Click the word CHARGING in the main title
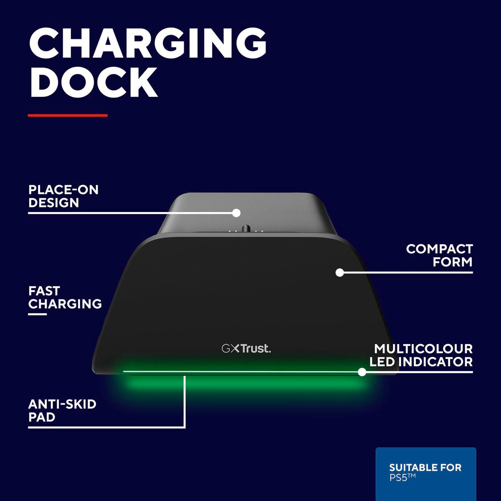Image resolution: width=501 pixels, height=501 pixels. coord(148,44)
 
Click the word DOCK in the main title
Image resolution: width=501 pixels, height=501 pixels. coord(94,82)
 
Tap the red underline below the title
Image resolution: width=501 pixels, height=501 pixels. coord(68,115)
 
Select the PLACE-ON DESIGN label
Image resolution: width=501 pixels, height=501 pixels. coord(63,196)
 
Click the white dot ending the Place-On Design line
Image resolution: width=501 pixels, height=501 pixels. coord(236,213)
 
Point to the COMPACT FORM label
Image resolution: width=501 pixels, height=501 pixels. coord(439,256)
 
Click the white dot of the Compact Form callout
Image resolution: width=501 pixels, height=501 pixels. coord(339,273)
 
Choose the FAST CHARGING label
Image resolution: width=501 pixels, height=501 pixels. coord(65,298)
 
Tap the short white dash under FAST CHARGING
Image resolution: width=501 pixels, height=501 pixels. coord(38,314)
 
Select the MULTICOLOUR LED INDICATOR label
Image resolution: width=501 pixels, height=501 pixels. coord(421,355)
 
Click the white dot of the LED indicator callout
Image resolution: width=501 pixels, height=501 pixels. coord(362,372)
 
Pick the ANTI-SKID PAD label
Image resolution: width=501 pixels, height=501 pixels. coord(62,411)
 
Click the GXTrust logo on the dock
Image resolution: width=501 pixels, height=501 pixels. coord(246,349)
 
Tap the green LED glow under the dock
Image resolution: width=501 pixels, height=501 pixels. coord(244,384)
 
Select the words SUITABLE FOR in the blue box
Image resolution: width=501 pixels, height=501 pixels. coord(425,468)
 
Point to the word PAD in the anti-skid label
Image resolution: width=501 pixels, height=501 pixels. coord(42,417)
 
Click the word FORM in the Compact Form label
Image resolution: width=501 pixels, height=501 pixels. coord(453,262)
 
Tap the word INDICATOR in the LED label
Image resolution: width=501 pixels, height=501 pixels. coord(435,362)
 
